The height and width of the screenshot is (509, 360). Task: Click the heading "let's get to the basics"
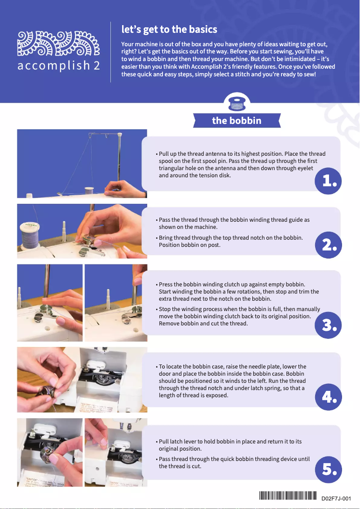point(169,30)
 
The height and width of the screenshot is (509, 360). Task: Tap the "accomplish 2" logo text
point(58,66)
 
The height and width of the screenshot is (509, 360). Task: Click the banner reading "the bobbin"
point(237,120)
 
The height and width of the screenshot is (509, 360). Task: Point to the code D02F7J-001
point(336,498)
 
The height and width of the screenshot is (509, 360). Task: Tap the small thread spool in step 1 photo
point(89,190)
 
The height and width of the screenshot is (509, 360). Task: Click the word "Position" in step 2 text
point(169,246)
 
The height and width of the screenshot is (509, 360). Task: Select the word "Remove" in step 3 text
point(169,323)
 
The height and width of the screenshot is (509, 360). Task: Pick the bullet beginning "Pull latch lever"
point(230,445)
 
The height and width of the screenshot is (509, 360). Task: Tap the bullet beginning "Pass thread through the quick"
point(234,462)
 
